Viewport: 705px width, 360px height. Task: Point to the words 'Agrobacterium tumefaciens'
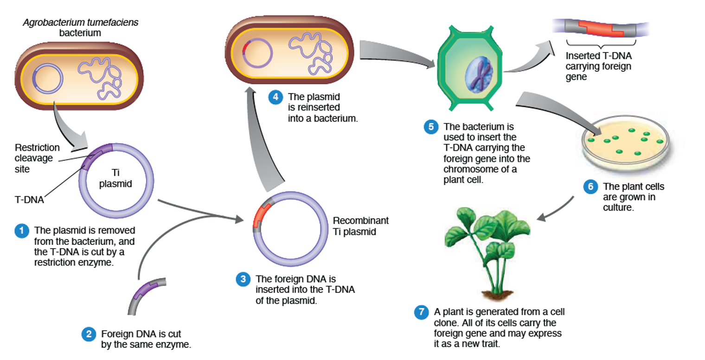pos(80,22)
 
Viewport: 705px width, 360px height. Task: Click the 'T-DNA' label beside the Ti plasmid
pos(29,200)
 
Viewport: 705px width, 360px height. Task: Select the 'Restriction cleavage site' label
pos(37,158)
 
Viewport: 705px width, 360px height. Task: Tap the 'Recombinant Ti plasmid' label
pos(360,225)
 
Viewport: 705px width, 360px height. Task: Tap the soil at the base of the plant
pos(496,294)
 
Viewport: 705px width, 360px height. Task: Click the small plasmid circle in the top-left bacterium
pos(47,77)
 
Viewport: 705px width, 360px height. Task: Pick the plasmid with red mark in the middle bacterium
pos(257,52)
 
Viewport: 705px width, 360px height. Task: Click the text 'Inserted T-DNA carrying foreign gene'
pos(598,66)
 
